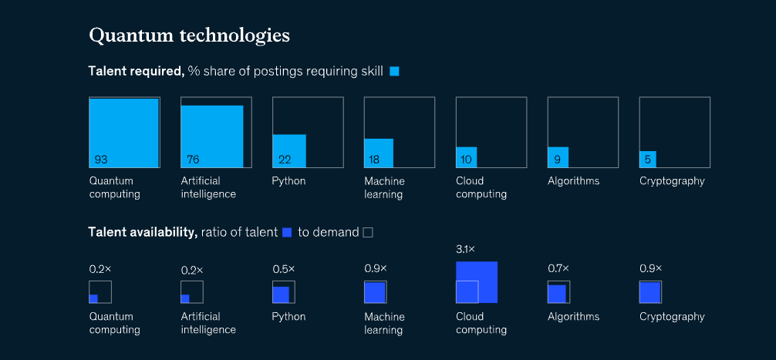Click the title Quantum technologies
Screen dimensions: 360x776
point(189,35)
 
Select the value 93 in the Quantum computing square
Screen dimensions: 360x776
point(100,160)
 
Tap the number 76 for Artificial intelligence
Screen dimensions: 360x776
point(193,160)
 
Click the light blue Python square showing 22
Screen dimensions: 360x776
point(289,150)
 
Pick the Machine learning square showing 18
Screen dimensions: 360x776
point(379,153)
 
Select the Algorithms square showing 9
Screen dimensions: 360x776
point(558,157)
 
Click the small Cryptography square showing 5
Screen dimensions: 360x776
point(648,159)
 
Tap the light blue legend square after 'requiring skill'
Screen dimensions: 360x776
point(394,72)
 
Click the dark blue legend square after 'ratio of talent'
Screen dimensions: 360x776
point(287,232)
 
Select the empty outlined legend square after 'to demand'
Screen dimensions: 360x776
point(368,232)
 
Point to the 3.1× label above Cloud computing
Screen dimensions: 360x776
point(467,250)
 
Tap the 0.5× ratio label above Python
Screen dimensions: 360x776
point(283,269)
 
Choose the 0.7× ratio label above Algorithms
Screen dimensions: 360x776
point(558,268)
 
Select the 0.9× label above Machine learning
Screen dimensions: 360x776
point(375,268)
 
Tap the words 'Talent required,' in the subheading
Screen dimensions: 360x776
point(136,72)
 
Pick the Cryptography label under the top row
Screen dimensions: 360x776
point(672,181)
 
